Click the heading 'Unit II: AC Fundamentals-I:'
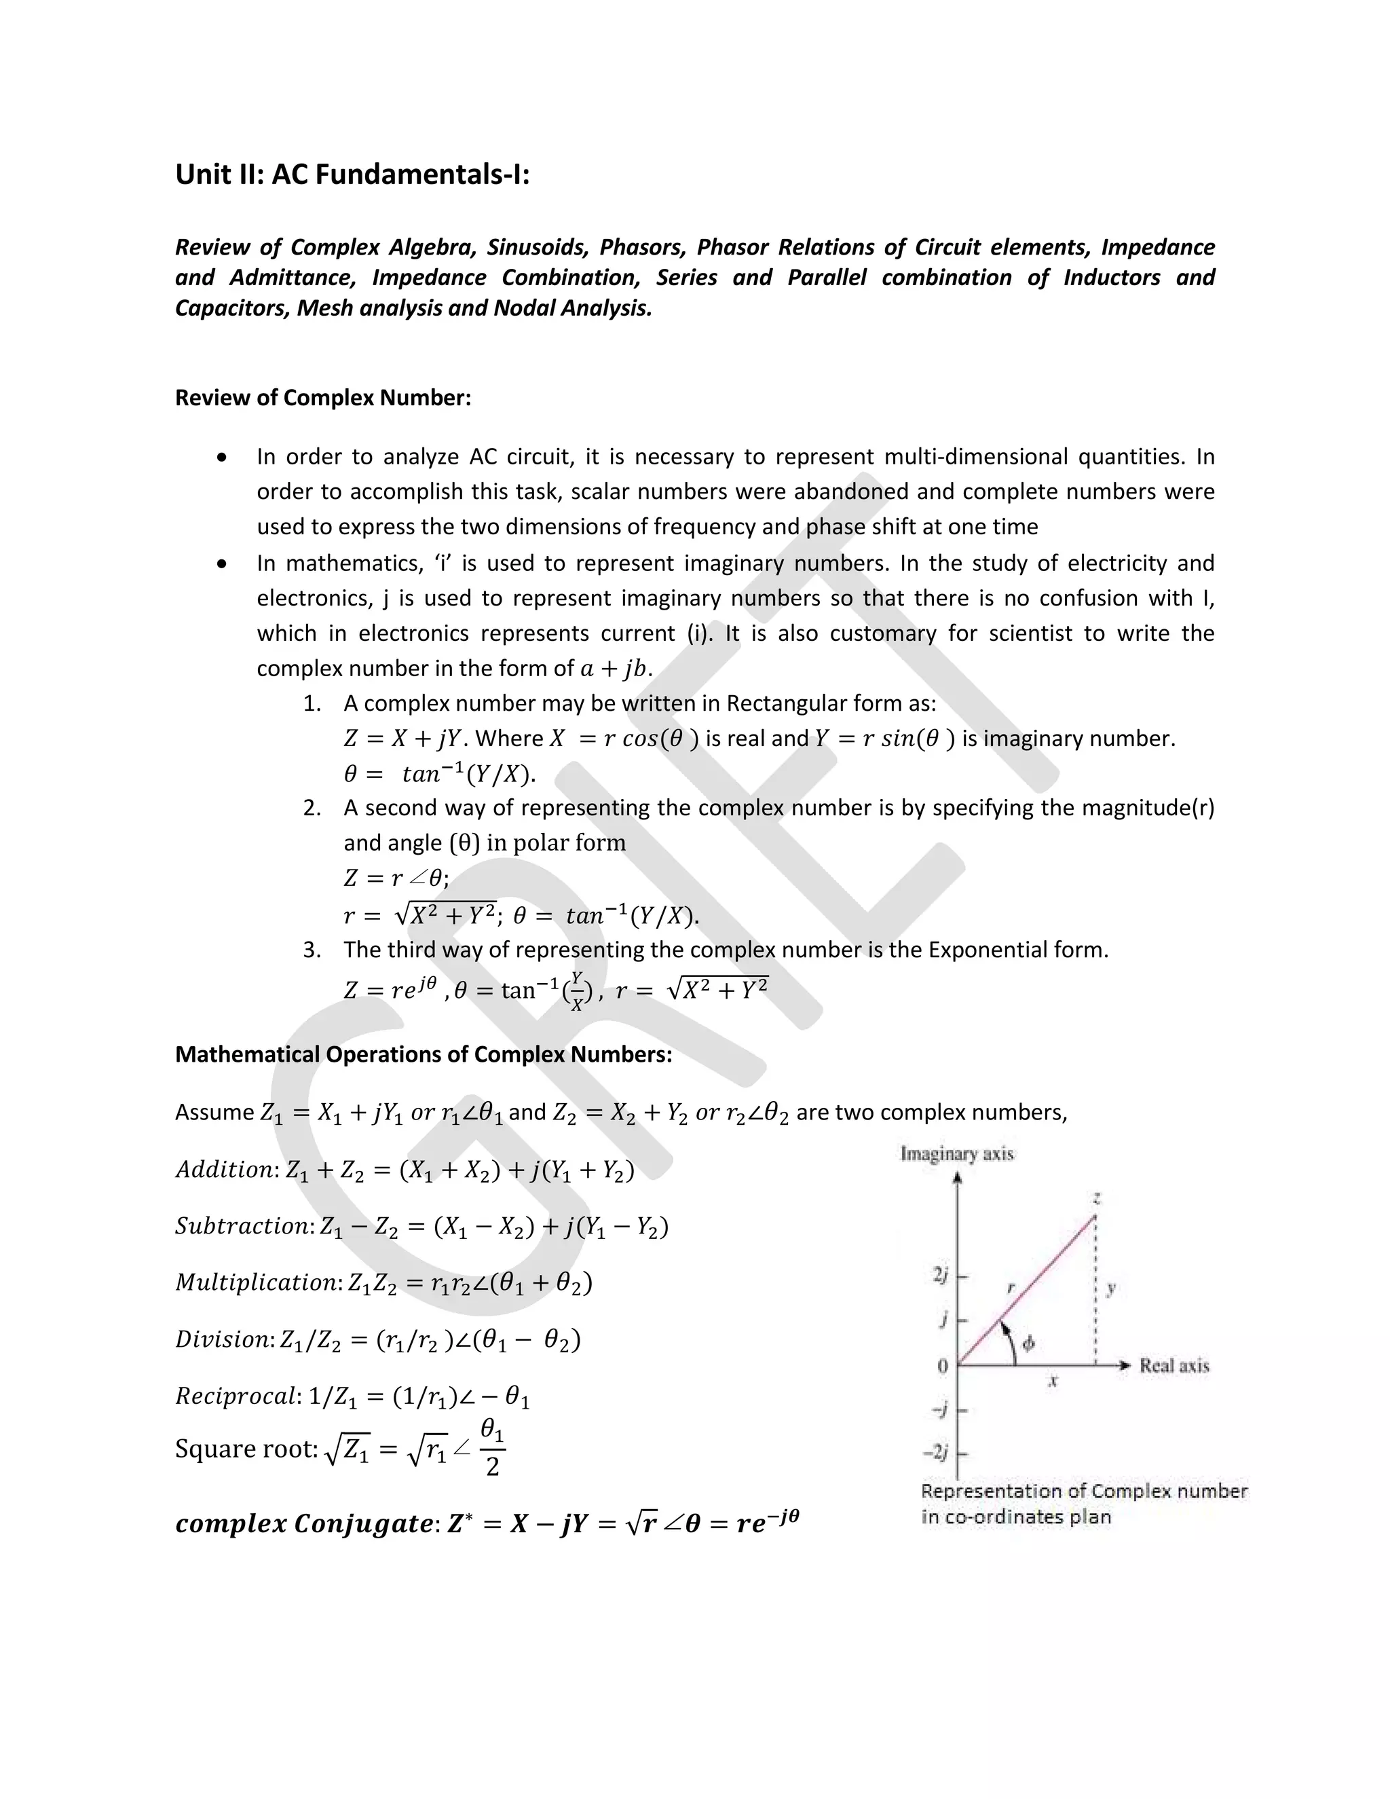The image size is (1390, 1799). tap(352, 174)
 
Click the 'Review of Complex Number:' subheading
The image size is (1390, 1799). tap(323, 398)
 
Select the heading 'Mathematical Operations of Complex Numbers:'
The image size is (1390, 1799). tap(424, 1054)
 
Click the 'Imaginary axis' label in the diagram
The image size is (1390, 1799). tap(957, 1154)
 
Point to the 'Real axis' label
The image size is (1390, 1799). tap(1173, 1366)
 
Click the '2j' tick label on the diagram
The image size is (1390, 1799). tap(941, 1275)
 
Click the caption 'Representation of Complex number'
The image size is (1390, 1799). tap(1084, 1491)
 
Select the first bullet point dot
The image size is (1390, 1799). tap(221, 457)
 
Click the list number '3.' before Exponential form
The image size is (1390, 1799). tap(312, 950)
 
